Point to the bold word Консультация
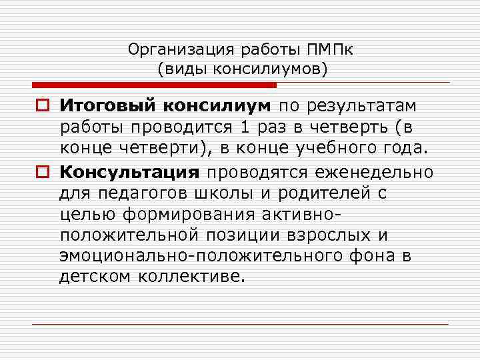pos(129,173)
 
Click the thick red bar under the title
pos(154,85)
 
